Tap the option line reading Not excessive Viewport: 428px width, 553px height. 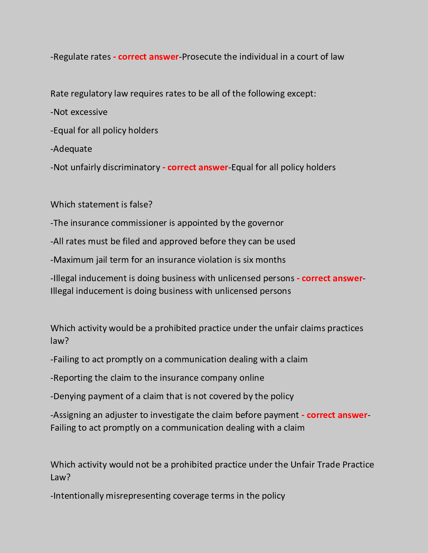[79, 112]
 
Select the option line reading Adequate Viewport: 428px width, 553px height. [72, 149]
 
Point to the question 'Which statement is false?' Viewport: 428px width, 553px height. [101, 204]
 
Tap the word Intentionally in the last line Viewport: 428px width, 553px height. [79, 496]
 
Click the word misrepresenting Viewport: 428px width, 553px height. [138, 496]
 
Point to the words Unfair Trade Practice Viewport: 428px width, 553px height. [332, 465]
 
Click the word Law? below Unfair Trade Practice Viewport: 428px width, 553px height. [60, 477]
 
